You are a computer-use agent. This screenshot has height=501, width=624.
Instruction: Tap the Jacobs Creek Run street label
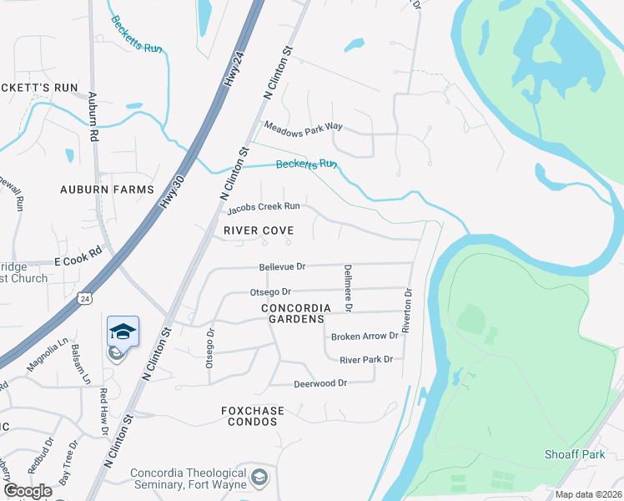tap(264, 206)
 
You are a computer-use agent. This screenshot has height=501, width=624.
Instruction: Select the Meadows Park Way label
tap(304, 126)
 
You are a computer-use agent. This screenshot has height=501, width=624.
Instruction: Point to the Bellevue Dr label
tap(282, 266)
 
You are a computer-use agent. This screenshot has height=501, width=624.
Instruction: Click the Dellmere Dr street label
tap(348, 288)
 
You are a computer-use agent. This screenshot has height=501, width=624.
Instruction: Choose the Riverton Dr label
tap(408, 311)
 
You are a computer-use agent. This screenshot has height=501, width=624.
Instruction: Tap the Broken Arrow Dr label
tap(365, 337)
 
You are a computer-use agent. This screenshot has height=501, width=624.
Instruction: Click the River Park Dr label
tap(365, 359)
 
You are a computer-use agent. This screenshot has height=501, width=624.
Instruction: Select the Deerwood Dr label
tap(320, 384)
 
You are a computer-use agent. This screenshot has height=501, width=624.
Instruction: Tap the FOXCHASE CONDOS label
tap(253, 416)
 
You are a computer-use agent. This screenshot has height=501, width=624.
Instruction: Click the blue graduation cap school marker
tap(123, 331)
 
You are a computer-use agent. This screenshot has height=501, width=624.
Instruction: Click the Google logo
tap(28, 491)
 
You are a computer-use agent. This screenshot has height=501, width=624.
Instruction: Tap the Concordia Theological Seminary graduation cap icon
tap(260, 478)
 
